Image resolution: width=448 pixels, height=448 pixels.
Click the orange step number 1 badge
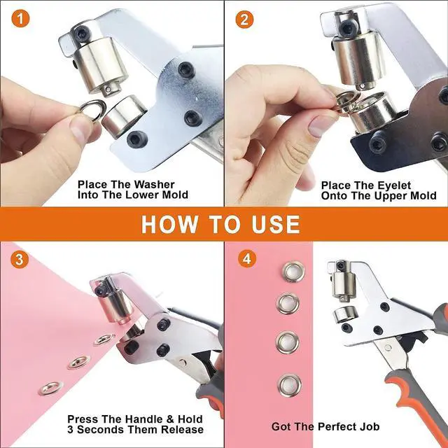[x=20, y=19]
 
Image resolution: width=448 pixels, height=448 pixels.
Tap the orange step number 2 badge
[x=244, y=20]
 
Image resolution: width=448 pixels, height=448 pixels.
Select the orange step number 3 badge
[x=20, y=260]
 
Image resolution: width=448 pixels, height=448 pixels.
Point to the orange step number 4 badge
[x=247, y=258]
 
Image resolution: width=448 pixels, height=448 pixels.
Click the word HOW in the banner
[x=169, y=224]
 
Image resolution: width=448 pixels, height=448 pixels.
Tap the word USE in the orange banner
[x=276, y=224]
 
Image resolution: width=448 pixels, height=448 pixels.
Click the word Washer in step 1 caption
[x=154, y=184]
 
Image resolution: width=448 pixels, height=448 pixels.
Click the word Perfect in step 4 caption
[x=339, y=426]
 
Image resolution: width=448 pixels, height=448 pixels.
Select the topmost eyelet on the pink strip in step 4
[x=294, y=272]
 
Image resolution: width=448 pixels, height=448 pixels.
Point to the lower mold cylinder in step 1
[x=124, y=115]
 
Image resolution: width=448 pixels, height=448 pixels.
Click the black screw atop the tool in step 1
[x=83, y=31]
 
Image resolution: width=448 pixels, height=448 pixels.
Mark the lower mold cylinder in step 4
[x=344, y=314]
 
